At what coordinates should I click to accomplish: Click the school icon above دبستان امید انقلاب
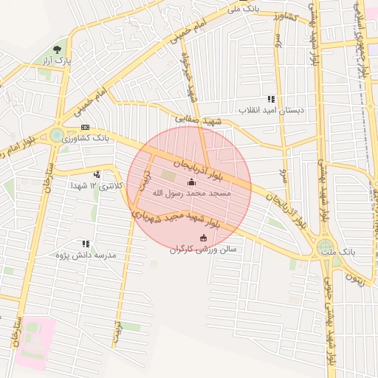tap(271, 99)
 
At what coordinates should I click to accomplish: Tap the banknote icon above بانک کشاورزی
tap(86, 127)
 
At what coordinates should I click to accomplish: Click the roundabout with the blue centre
tap(57, 135)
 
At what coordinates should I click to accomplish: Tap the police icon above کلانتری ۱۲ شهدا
tap(97, 175)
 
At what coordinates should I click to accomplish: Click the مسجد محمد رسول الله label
tap(192, 193)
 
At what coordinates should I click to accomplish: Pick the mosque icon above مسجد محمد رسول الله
tap(192, 182)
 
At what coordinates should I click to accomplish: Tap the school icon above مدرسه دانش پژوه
tap(86, 244)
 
